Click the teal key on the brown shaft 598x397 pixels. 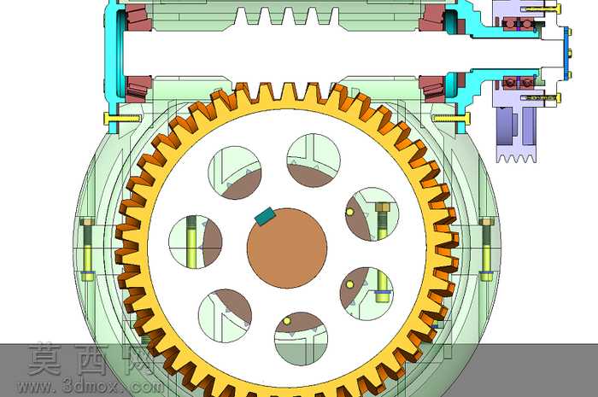pyautogui.click(x=265, y=216)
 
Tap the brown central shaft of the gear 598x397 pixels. pyautogui.click(x=287, y=248)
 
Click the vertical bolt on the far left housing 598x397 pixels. pyautogui.click(x=88, y=249)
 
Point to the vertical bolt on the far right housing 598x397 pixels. pyautogui.click(x=486, y=249)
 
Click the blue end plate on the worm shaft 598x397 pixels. pyautogui.click(x=566, y=54)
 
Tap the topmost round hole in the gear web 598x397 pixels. pyautogui.click(x=314, y=161)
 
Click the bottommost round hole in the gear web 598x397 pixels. pyautogui.click(x=302, y=339)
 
